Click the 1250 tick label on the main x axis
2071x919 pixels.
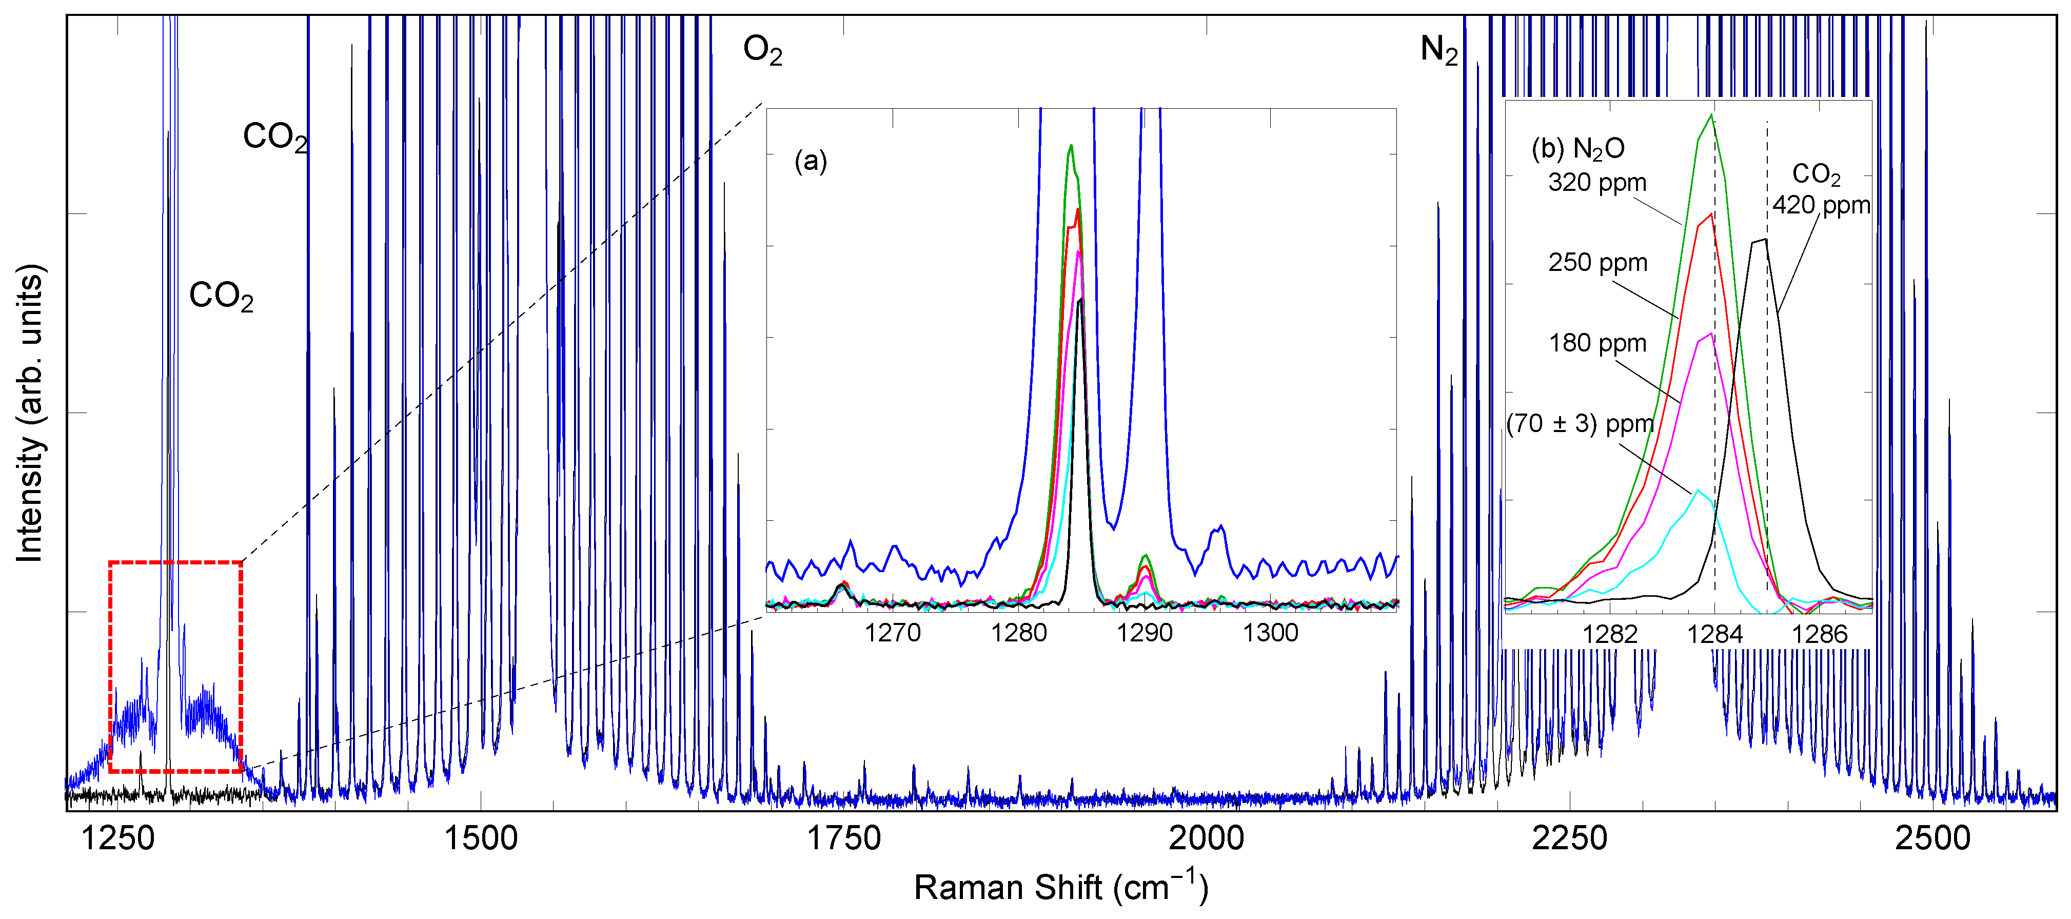[118, 838]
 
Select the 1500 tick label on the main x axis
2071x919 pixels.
[481, 838]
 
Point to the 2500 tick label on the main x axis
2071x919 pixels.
[1932, 838]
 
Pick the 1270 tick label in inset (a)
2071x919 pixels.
[893, 633]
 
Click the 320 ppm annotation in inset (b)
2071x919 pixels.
[1596, 183]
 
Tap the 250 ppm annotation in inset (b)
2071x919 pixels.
[1597, 263]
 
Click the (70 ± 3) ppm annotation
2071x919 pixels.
[1579, 424]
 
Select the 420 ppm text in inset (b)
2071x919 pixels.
[1821, 205]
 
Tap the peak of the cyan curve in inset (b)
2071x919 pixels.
[1698, 491]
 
